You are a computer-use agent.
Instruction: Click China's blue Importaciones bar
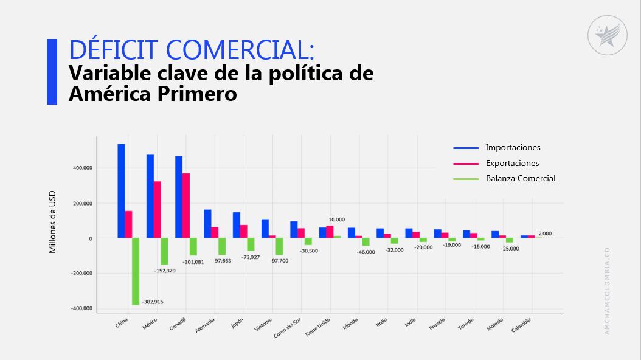pos(121,191)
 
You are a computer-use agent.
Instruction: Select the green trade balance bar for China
pos(136,271)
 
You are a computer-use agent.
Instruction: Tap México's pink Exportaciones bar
pos(157,210)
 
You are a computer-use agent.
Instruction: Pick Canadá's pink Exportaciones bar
pos(186,206)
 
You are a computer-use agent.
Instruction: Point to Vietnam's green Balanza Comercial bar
pos(279,246)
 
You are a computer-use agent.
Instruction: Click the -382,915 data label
pos(152,302)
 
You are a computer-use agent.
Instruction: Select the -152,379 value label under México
pos(164,271)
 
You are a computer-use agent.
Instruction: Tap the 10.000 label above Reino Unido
pos(336,220)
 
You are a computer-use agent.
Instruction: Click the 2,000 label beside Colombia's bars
pos(545,234)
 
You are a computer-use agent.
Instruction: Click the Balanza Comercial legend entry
pos(520,179)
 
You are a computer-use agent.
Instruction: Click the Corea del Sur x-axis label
pos(288,327)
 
